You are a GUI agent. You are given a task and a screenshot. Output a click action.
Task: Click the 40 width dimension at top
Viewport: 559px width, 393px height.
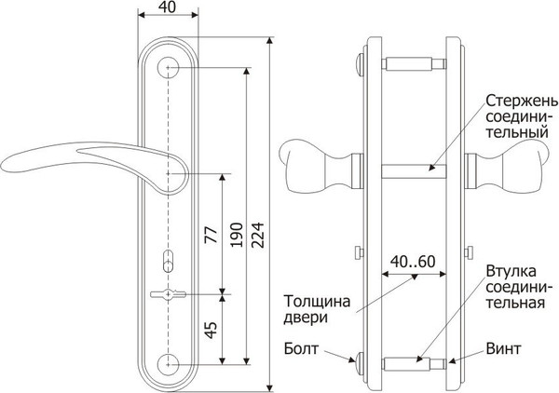168,7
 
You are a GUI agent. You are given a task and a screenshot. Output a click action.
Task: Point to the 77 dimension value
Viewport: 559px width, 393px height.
210,234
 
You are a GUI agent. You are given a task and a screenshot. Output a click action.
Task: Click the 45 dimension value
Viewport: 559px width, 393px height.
210,328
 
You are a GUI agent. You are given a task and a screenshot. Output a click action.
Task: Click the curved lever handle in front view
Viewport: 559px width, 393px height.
75,158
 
